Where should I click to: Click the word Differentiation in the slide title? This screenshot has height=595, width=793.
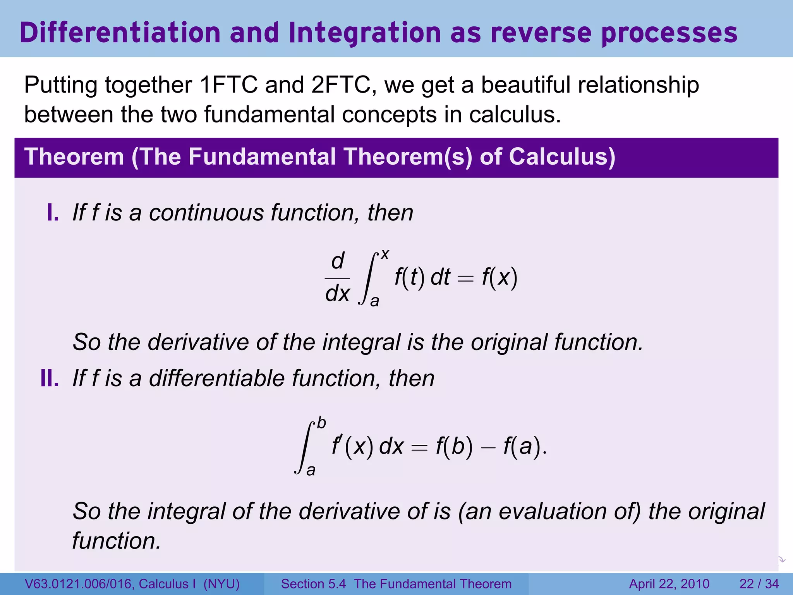[120, 33]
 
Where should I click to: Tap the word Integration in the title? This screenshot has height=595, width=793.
[364, 33]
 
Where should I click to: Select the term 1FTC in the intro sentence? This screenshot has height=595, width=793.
[228, 85]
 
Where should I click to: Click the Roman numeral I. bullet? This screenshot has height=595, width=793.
[53, 213]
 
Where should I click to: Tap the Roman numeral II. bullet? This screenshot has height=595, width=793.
[50, 378]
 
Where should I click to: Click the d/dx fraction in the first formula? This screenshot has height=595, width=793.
[337, 278]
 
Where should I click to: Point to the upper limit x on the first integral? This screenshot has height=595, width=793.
[384, 254]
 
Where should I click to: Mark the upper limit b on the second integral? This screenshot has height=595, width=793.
[321, 423]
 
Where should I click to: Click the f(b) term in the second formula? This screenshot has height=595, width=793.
[454, 446]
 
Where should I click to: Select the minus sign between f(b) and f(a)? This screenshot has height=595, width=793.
[488, 448]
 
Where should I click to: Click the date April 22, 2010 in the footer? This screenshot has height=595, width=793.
[669, 584]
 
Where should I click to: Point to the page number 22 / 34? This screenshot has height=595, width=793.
[759, 584]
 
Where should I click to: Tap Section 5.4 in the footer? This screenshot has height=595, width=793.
[313, 584]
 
